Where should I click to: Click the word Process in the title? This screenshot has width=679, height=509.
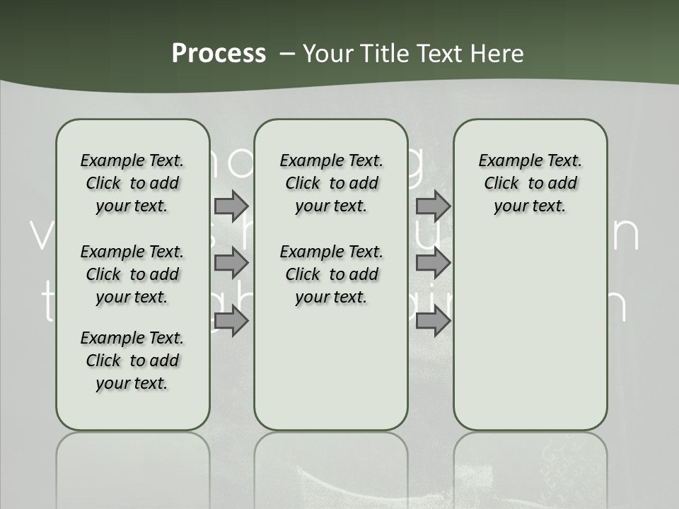tap(219, 53)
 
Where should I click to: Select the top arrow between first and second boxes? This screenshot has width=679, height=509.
tap(231, 206)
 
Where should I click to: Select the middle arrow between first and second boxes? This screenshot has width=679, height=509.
tap(231, 264)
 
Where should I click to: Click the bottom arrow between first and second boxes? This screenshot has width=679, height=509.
tap(231, 322)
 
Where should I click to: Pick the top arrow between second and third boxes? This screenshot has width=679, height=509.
tap(433, 206)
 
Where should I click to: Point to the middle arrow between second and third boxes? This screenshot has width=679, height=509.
tap(433, 264)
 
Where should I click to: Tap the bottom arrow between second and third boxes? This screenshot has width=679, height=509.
tap(433, 322)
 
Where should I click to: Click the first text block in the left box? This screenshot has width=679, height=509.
tap(132, 183)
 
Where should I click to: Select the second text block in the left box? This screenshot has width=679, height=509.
tap(132, 274)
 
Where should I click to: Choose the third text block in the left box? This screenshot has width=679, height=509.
tap(132, 361)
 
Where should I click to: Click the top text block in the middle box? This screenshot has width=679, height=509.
tap(332, 183)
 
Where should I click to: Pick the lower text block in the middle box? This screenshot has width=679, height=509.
tap(332, 274)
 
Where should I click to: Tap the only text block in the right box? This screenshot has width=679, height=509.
tap(530, 183)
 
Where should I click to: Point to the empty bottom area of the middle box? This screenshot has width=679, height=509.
tap(332, 375)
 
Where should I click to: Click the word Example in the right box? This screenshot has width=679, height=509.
tap(504, 161)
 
